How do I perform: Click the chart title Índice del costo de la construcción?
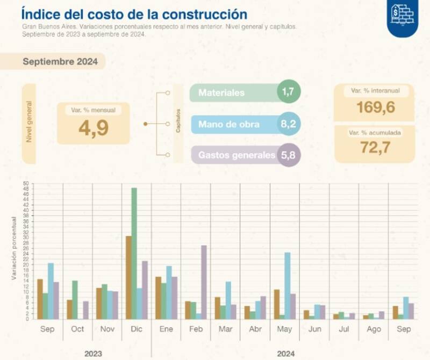134,14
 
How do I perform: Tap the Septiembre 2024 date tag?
60,62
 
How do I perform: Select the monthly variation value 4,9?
93,128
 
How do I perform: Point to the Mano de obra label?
229,124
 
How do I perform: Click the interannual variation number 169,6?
376,108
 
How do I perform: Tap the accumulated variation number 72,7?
376,148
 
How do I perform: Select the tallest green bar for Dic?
134,253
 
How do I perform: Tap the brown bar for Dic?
128,277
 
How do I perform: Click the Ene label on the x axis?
166,329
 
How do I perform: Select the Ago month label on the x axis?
373,329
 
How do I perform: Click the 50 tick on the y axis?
26,183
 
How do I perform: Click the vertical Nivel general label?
29,124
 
